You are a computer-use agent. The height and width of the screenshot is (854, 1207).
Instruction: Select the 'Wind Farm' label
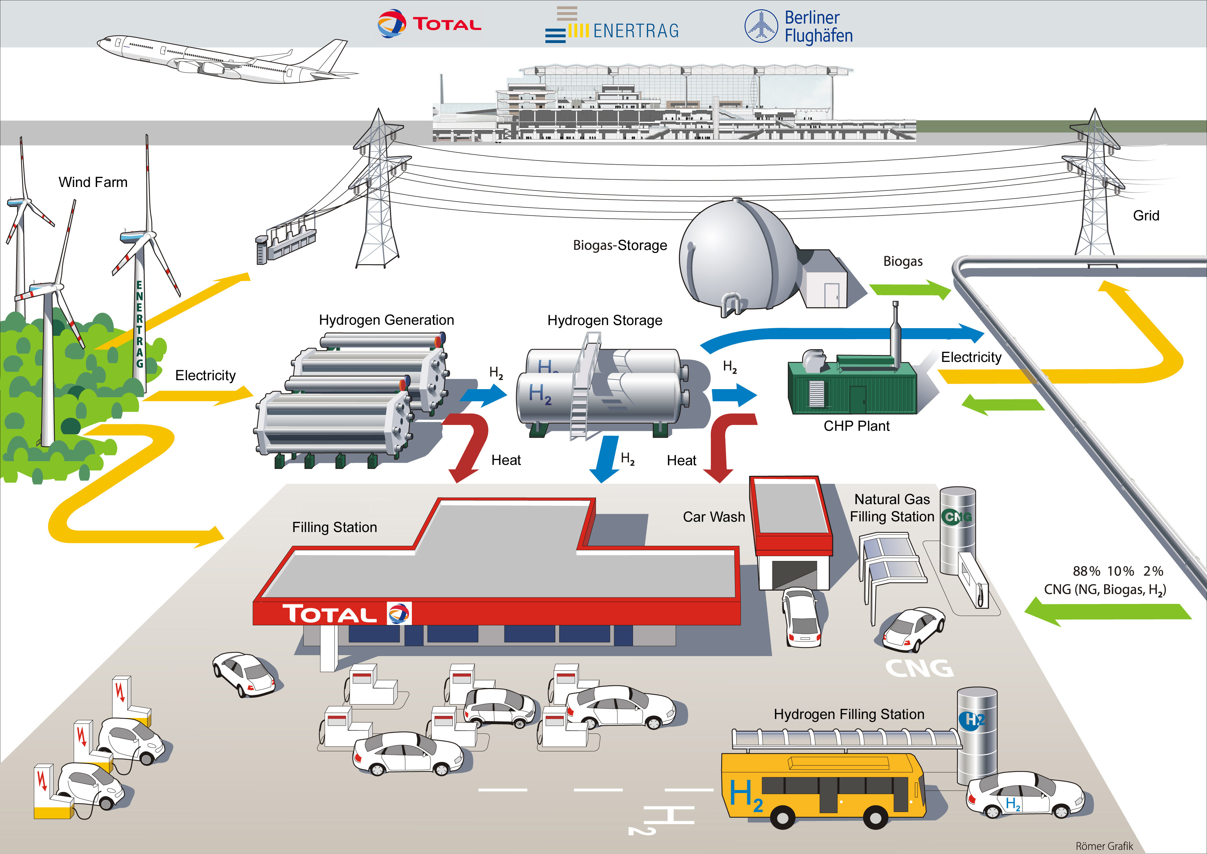click(x=93, y=182)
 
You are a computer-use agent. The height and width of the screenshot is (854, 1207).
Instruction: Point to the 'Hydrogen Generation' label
click(x=386, y=320)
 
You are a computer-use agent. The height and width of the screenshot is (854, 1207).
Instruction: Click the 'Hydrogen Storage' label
click(x=605, y=321)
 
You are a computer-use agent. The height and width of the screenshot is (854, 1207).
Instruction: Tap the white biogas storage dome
click(x=736, y=258)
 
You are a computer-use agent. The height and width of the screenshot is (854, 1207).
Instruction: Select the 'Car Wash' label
click(x=714, y=517)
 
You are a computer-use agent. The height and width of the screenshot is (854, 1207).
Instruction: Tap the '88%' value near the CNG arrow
click(x=1086, y=571)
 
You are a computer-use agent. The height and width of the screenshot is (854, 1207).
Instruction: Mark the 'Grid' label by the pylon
click(x=1146, y=216)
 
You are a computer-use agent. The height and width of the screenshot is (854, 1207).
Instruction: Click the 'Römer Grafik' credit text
click(x=1104, y=846)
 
